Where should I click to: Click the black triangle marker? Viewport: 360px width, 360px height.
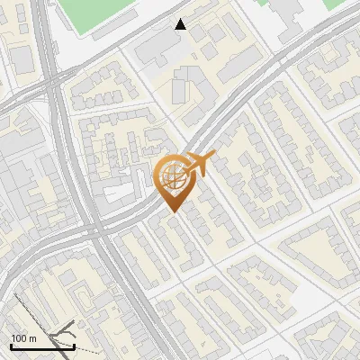point(181,24)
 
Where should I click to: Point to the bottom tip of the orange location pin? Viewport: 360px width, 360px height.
point(171,211)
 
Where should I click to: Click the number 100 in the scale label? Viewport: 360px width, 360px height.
point(19,338)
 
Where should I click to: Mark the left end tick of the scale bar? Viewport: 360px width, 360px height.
point(11,346)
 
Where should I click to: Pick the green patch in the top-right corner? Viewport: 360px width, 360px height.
point(335,4)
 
